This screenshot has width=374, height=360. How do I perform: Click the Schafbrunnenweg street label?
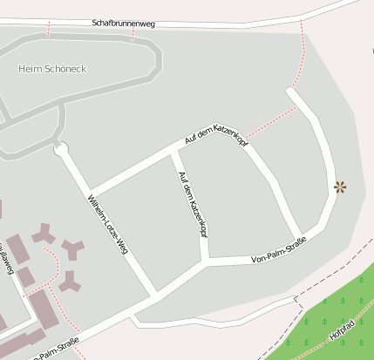click(123, 24)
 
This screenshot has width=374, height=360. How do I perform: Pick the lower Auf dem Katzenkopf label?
click(193, 205)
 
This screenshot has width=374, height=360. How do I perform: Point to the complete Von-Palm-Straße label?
click(278, 251)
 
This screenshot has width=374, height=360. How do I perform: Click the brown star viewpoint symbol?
click(339, 186)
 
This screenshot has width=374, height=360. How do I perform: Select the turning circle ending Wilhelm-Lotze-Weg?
click(60, 149)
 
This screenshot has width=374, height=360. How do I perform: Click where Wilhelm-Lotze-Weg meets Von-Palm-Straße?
click(154, 293)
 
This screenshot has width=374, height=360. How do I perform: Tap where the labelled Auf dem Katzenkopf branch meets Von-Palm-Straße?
click(206, 260)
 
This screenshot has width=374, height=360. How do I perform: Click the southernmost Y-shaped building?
click(70, 282)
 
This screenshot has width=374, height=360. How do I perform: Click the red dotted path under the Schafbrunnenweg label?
click(133, 34)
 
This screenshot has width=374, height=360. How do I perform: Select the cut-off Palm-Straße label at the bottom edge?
click(56, 350)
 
